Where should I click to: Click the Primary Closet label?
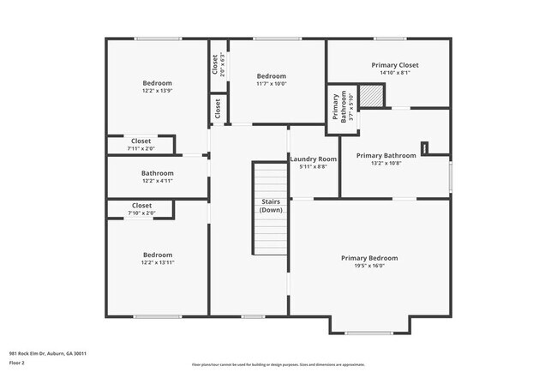395,65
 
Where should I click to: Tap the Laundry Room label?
314,159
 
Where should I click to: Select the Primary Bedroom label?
369,258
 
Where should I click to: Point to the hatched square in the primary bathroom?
370,97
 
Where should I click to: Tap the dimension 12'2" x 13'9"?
157,91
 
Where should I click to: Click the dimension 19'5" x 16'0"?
369,266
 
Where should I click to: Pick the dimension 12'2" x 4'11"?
157,181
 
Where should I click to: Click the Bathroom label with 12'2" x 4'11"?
157,173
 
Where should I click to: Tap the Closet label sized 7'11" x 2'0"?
141,141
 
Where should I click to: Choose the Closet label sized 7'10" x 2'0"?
141,206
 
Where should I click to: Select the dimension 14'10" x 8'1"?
395,73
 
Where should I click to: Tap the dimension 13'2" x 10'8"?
386,163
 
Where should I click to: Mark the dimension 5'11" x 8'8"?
314,166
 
